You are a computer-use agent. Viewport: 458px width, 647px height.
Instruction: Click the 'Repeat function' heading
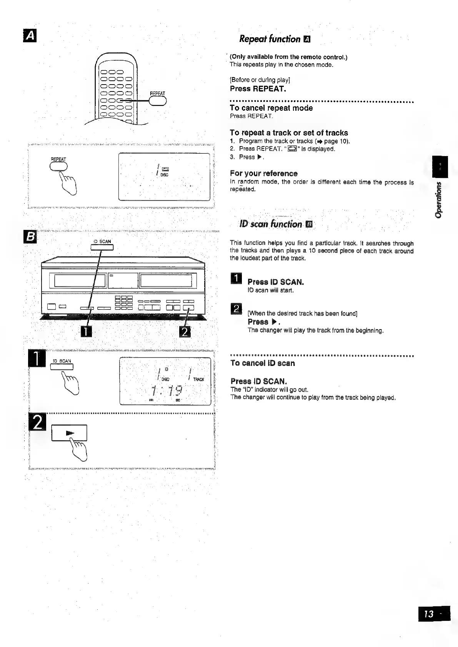tap(270, 39)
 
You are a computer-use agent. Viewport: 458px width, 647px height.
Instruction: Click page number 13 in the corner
tap(430, 614)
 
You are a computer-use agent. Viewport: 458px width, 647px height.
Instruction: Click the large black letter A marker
tap(29, 37)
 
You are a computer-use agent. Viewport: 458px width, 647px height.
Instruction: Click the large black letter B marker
tap(29, 237)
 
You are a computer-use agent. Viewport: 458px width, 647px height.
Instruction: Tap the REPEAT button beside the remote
tap(157, 100)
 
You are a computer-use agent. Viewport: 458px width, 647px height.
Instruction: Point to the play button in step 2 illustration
tap(70, 433)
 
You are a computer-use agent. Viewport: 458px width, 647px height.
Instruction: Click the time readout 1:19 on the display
tap(167, 391)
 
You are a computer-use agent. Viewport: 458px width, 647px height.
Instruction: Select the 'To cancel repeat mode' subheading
tap(271, 108)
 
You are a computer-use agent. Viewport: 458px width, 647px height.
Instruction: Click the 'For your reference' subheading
tap(264, 173)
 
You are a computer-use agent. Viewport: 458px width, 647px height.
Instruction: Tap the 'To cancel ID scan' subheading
tap(263, 363)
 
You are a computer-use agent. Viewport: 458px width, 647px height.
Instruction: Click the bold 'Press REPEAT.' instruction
tap(258, 89)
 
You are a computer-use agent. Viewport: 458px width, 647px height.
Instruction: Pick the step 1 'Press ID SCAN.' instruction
tap(276, 282)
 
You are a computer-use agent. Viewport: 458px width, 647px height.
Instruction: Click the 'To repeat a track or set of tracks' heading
tap(289, 133)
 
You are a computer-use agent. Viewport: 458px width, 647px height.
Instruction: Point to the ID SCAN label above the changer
tap(102, 242)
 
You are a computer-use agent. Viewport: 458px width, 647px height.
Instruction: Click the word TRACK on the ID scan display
tap(199, 379)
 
